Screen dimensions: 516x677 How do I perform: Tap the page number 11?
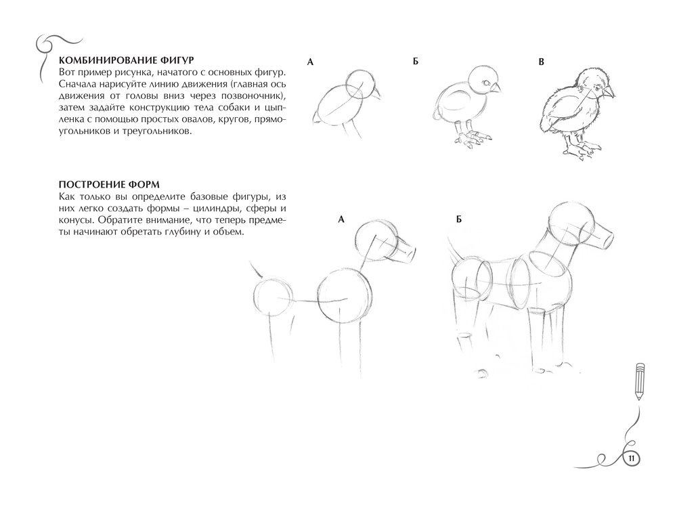tap(631, 458)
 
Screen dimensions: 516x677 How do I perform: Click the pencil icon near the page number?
tap(639, 381)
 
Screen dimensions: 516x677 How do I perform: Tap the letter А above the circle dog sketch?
tap(341, 219)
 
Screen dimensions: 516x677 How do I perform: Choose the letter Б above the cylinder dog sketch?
tap(459, 219)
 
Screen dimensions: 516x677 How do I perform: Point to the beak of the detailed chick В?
tap(609, 92)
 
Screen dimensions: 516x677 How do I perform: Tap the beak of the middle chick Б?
tap(496, 88)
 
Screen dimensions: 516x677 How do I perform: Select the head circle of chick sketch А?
tap(359, 85)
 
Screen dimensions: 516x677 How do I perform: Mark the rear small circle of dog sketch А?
tap(271, 297)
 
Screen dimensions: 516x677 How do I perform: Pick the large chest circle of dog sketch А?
tap(345, 297)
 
